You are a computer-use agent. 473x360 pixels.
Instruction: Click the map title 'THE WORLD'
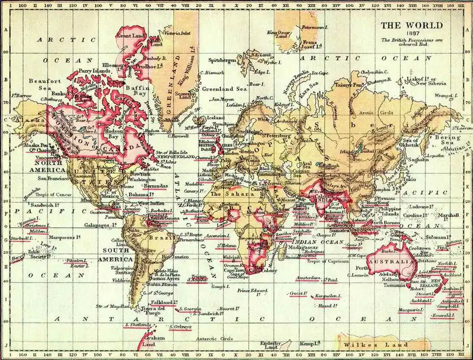point(411,26)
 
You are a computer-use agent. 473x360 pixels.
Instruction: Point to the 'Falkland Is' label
point(161,302)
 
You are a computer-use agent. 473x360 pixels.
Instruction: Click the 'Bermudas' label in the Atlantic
point(155,186)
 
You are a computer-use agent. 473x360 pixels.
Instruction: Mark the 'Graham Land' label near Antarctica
point(154,341)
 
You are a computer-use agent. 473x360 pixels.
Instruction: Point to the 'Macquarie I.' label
point(410,310)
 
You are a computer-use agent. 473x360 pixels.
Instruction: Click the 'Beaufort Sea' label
point(45,84)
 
